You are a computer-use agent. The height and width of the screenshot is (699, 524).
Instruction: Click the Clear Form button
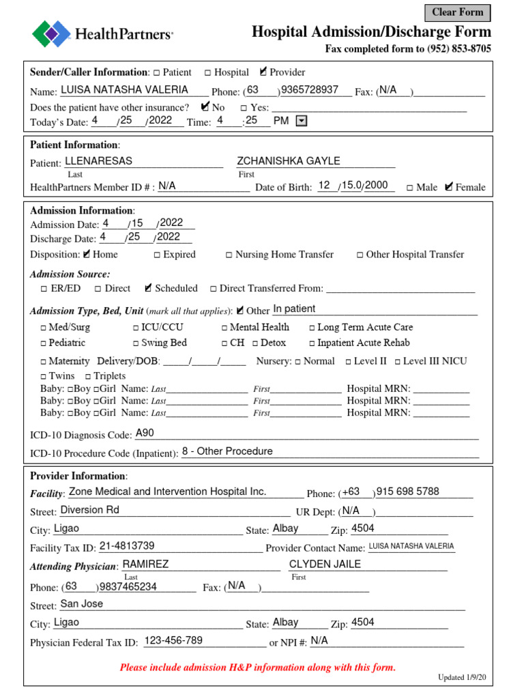tap(457, 12)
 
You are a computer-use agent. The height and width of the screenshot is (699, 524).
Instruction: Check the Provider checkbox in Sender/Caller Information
tap(264, 72)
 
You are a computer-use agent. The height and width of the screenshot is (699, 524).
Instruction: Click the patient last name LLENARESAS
tap(98, 161)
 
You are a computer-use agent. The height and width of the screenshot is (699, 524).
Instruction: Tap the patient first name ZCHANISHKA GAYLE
tap(288, 161)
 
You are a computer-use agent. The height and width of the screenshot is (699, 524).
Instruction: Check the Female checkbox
tap(448, 187)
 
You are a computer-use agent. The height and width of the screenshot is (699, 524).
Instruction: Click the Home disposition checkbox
tap(87, 255)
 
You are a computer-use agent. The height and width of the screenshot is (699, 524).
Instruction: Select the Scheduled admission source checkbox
tap(149, 289)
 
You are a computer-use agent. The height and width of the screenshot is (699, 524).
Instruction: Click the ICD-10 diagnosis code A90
tap(145, 433)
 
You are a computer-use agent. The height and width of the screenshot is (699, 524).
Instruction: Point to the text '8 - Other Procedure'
tap(227, 451)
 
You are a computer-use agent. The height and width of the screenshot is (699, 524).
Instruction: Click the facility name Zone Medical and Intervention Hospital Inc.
tap(168, 491)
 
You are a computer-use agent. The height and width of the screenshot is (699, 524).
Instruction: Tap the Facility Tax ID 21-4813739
tap(127, 545)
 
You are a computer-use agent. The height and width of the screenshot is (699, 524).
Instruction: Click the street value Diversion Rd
tap(90, 509)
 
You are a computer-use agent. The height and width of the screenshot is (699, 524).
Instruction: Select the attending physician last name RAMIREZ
tap(145, 564)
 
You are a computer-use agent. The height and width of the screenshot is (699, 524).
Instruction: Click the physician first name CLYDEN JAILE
tap(325, 564)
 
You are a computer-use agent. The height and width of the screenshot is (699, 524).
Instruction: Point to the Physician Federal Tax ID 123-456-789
tap(174, 640)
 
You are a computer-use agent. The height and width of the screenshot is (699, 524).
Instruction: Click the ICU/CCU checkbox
tap(136, 328)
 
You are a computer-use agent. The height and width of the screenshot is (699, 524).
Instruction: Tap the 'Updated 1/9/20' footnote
tap(463, 677)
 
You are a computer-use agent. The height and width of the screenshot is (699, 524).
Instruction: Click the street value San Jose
tap(82, 603)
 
